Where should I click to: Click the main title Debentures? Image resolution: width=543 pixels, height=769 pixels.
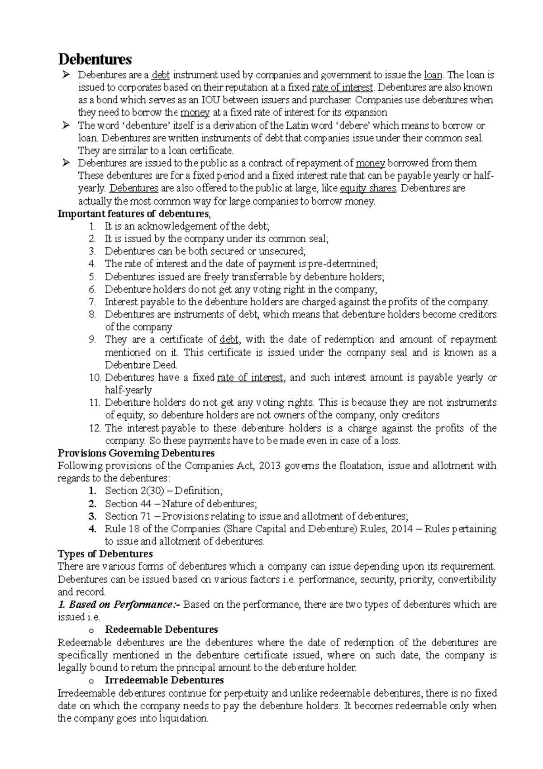(95, 59)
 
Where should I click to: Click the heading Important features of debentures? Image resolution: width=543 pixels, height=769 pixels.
(134, 214)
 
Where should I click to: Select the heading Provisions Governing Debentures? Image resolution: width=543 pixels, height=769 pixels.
(136, 453)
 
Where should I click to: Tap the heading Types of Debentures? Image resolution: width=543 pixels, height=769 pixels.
(105, 553)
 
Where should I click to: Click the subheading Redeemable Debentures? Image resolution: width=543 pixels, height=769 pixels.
(161, 630)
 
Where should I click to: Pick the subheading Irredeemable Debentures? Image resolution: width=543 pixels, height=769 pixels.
(164, 680)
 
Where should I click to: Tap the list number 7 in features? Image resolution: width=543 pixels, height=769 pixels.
(92, 302)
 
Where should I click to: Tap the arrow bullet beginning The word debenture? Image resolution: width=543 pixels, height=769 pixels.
(66, 125)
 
